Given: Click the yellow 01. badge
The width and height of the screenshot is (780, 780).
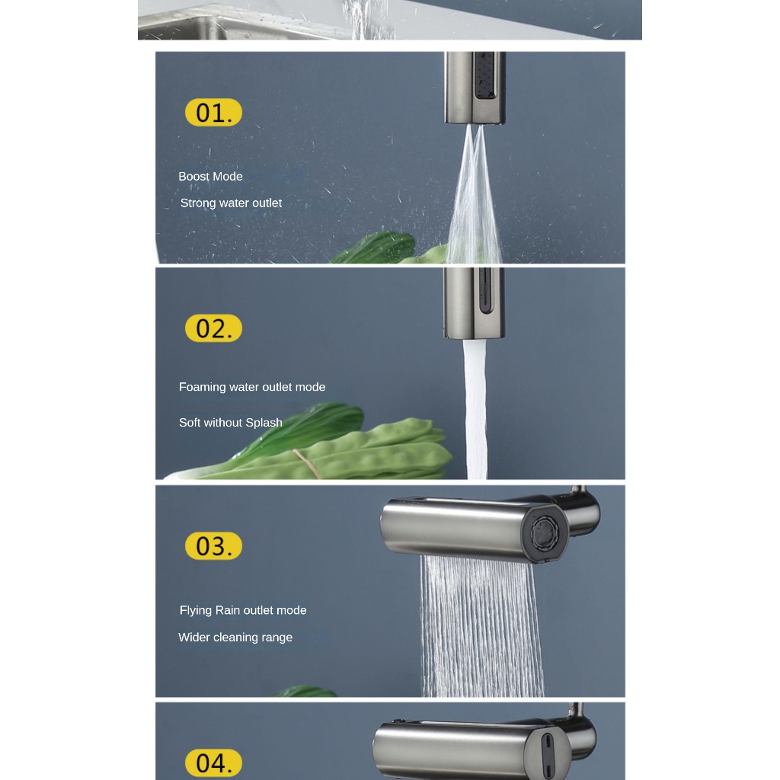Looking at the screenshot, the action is [213, 113].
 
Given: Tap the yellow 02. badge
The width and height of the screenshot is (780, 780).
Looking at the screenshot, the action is [213, 328].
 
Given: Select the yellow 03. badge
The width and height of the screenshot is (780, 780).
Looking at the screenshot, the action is [213, 545].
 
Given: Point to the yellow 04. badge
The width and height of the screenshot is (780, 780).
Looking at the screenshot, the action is [213, 762].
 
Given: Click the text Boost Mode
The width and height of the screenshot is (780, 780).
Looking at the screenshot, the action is [210, 177].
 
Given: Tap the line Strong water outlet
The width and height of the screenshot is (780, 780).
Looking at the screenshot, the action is [231, 203].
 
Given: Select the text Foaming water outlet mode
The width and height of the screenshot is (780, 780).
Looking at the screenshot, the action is [252, 387].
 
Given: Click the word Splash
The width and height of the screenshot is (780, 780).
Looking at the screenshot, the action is [264, 422].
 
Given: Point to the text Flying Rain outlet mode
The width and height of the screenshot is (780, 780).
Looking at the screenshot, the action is [243, 610].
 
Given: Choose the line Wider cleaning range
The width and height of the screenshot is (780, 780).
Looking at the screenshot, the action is [235, 638].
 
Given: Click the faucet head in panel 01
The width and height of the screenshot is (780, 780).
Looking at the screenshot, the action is [475, 88].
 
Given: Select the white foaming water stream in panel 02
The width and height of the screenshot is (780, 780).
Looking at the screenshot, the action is [475, 409].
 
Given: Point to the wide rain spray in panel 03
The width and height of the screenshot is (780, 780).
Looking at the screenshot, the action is [481, 626].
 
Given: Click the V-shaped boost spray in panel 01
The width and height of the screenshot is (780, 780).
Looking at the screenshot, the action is [474, 194].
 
